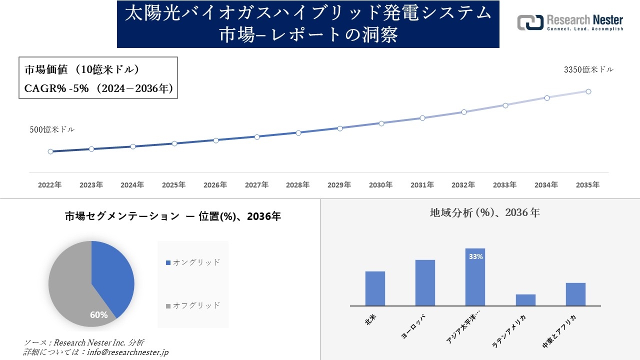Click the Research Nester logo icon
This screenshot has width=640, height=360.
click(x=530, y=22)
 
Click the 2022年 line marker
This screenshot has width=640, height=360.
click(x=50, y=151)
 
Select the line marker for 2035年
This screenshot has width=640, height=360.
click(x=588, y=91)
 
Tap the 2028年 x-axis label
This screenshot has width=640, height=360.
click(x=298, y=185)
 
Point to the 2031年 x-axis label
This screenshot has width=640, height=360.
click(x=422, y=185)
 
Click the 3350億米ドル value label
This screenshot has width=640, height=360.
click(x=588, y=70)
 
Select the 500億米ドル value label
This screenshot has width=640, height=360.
click(x=52, y=129)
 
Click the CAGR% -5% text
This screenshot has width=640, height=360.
click(x=56, y=88)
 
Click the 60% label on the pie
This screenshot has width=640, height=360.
click(x=99, y=315)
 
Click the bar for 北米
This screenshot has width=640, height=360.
click(x=375, y=288)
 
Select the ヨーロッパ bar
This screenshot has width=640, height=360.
click(x=425, y=282)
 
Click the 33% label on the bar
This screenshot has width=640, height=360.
click(x=475, y=256)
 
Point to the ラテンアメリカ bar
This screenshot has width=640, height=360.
click(x=525, y=300)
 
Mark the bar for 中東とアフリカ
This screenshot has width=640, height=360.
click(x=575, y=294)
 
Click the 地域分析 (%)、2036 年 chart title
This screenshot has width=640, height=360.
click(x=484, y=212)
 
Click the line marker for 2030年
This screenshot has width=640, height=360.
click(x=381, y=123)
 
